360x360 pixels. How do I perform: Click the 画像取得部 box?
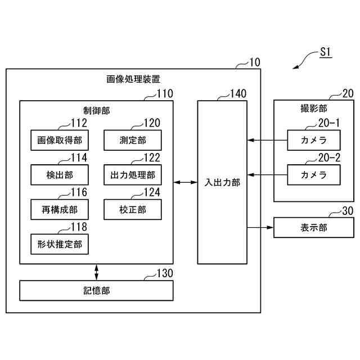[x=59, y=140]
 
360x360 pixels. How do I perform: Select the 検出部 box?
[x=59, y=174]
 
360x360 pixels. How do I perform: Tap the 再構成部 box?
[x=59, y=209]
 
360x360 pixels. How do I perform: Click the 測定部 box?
[x=133, y=140]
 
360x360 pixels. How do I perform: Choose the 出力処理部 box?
[x=133, y=174]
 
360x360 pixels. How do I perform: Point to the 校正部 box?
[x=133, y=209]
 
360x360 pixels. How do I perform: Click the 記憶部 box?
[x=96, y=290]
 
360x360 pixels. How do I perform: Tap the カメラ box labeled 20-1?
[x=314, y=140]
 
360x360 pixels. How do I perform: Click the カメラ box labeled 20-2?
[x=314, y=174]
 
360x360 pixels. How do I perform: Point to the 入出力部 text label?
[x=222, y=182]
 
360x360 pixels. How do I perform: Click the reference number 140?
[x=238, y=94]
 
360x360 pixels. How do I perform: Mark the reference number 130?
[x=165, y=273]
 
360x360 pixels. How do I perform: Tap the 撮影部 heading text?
[x=314, y=108]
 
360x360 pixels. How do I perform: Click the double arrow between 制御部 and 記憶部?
[x=96, y=272]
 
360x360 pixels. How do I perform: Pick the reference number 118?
[x=79, y=227]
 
